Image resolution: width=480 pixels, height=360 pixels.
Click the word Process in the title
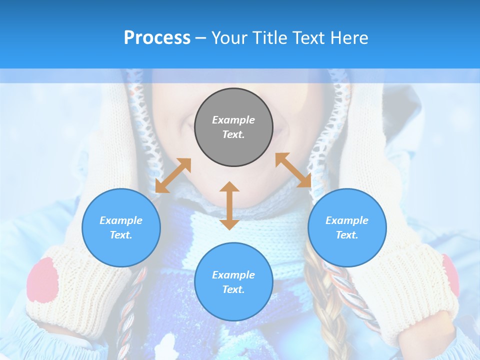pos(157,38)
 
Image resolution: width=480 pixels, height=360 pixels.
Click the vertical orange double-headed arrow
pos(229,205)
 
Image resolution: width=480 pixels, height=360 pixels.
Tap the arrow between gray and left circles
pos(173,175)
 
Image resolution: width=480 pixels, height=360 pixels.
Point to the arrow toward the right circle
pos(293,170)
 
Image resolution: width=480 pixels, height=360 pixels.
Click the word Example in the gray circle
pos(233,120)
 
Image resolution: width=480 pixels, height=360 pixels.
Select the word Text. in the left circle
pos(121,235)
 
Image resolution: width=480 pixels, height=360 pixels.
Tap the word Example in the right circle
pos(347,220)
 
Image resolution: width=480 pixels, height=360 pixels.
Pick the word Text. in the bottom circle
pos(233,289)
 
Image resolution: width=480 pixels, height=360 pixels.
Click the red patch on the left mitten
pos(42,280)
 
